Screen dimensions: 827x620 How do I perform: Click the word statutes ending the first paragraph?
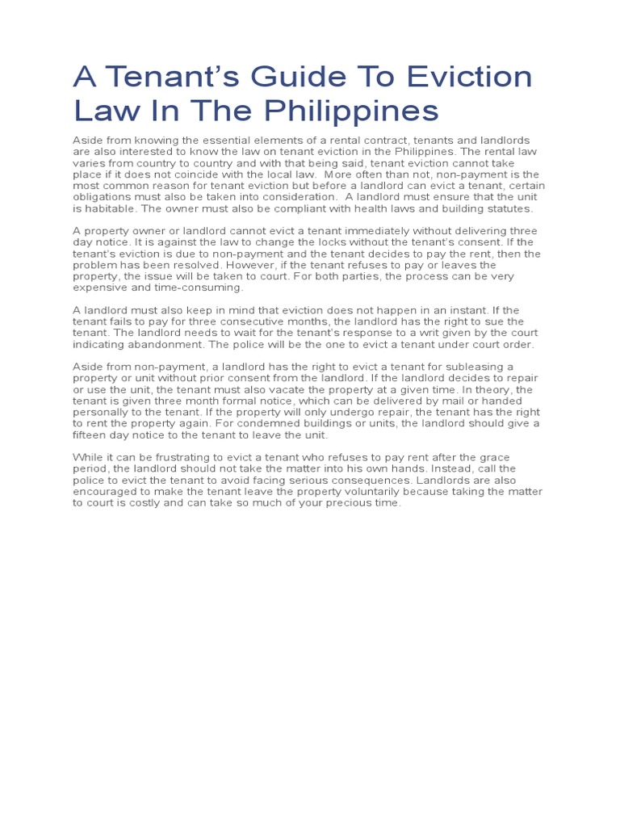pyautogui.click(x=509, y=208)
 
